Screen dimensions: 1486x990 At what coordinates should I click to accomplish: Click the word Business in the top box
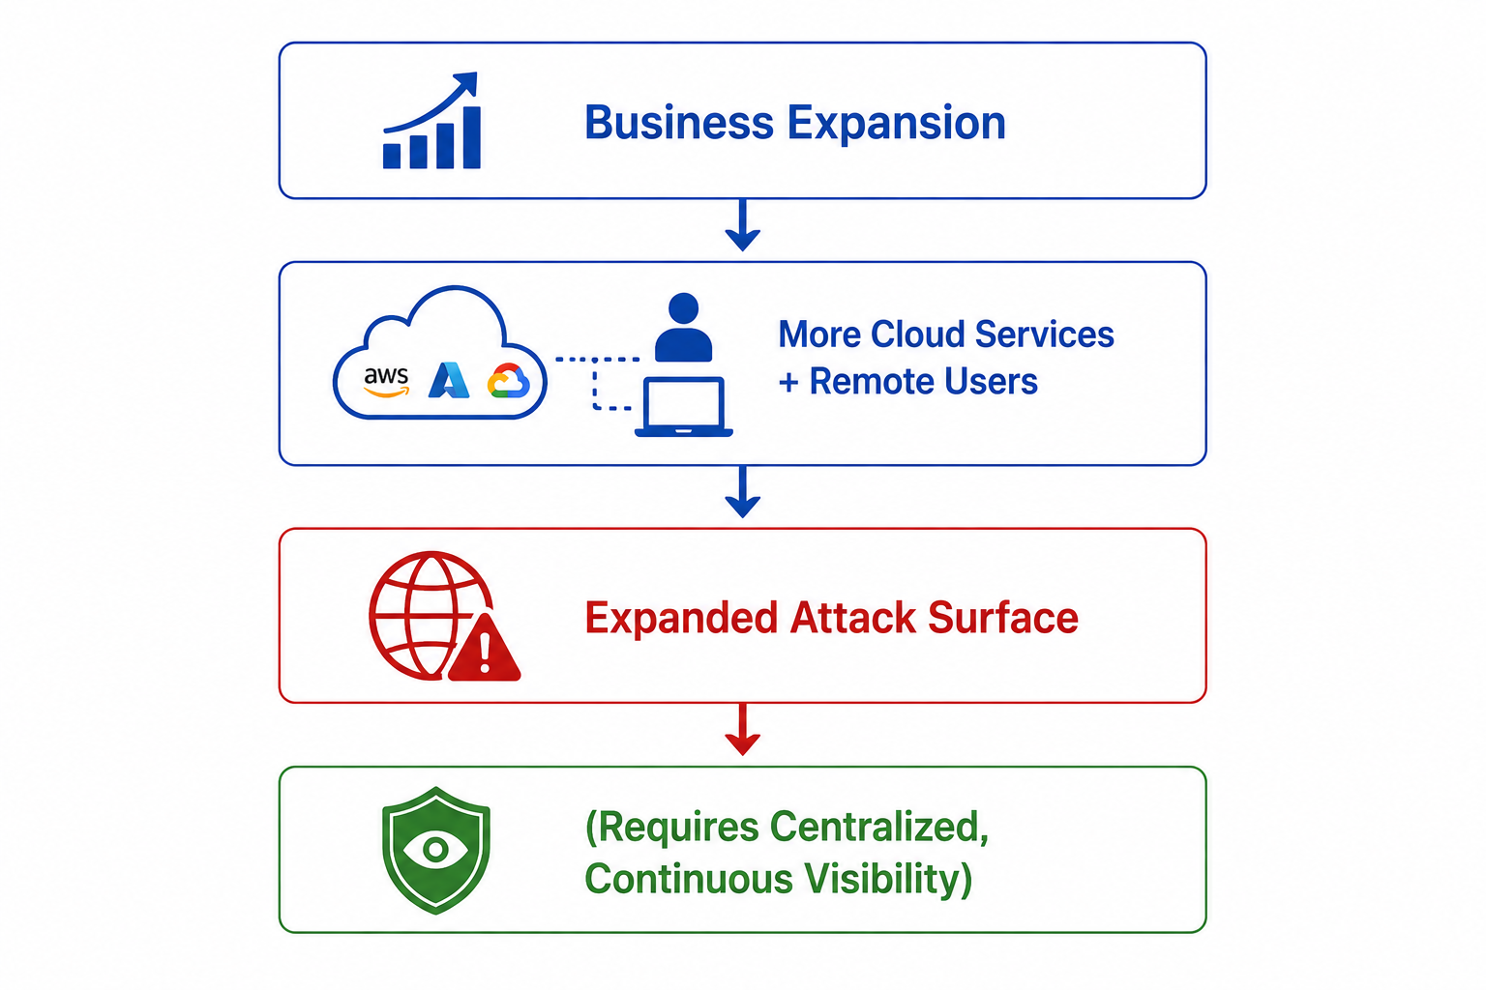tap(678, 123)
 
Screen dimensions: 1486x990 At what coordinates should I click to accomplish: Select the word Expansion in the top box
tap(896, 125)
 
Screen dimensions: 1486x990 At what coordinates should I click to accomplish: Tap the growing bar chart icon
tap(431, 120)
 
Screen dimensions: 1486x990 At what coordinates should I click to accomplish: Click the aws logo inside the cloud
tap(386, 382)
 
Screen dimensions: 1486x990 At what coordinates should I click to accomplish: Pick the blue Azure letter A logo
tap(449, 380)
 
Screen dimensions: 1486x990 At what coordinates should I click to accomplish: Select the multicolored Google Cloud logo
tap(508, 381)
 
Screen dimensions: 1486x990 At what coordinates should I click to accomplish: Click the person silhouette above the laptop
tap(683, 327)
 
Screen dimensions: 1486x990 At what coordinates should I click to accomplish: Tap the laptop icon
tap(683, 406)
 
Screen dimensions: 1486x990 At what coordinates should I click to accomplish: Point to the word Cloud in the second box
tap(916, 334)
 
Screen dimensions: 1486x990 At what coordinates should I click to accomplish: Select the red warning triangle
tap(485, 648)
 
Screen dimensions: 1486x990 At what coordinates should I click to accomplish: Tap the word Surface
tap(1003, 618)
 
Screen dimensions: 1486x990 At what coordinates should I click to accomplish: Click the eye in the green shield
tap(436, 850)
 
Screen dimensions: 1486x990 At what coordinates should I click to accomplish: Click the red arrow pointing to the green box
tap(742, 729)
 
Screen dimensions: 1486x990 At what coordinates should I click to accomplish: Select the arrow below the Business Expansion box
tap(742, 225)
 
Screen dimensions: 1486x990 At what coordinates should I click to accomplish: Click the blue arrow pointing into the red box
tap(742, 492)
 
